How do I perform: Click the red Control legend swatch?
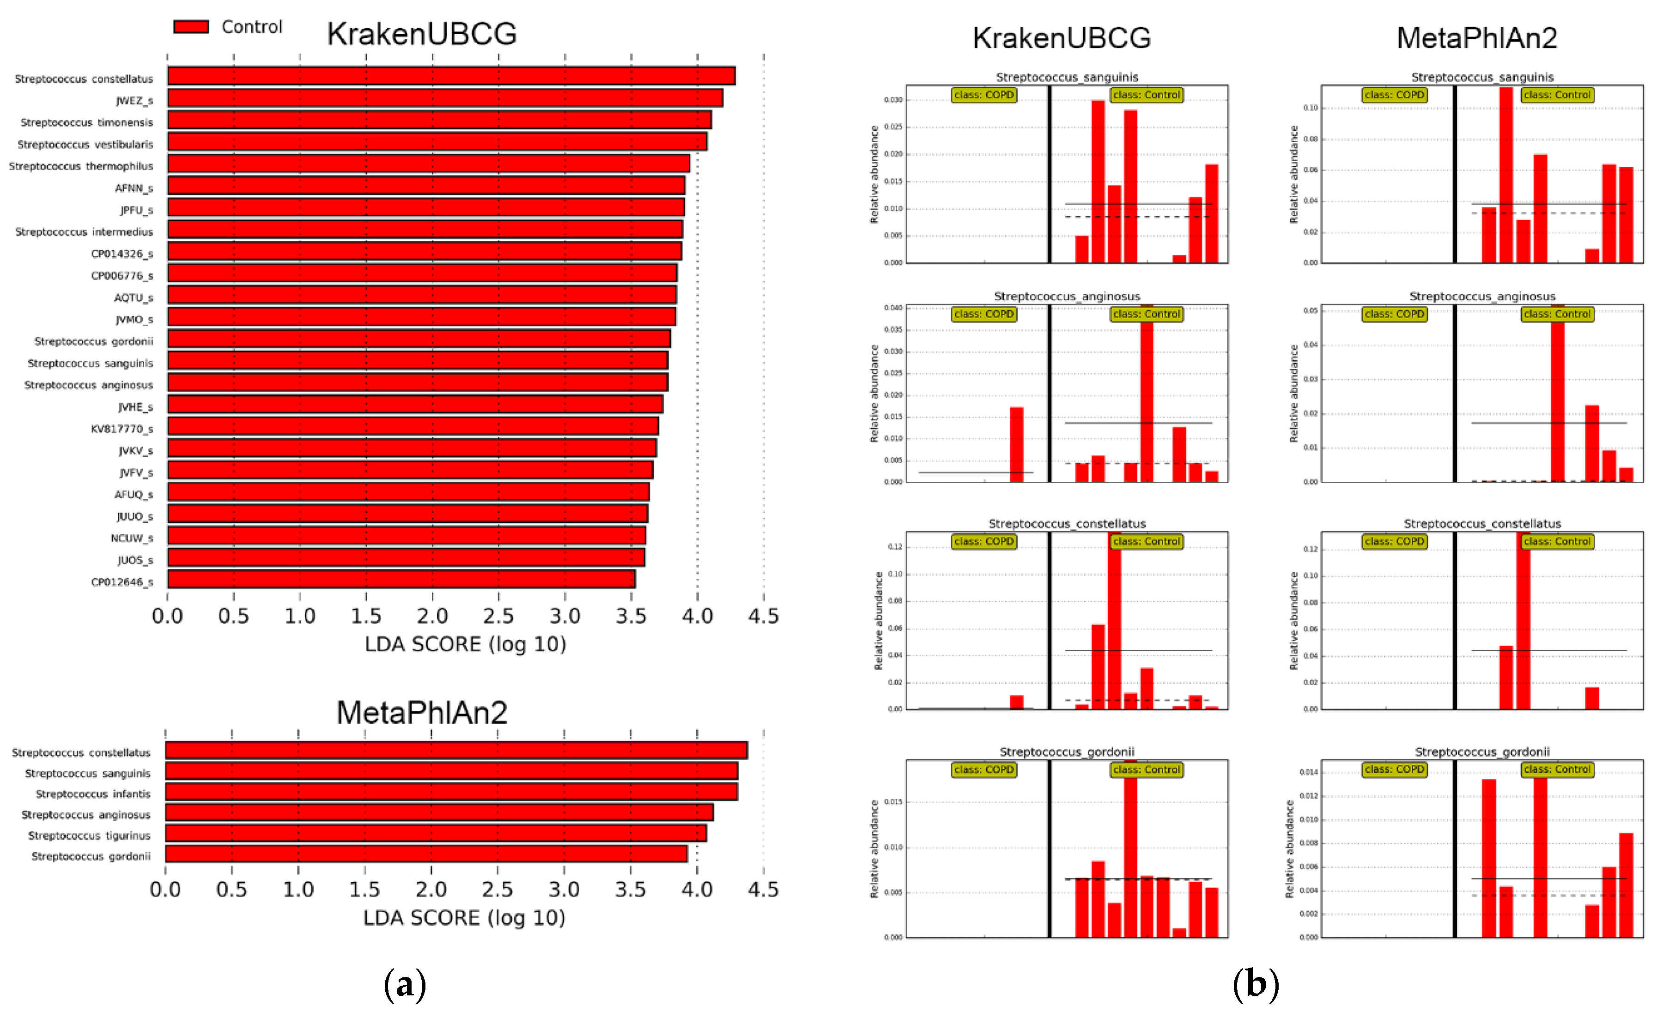pyautogui.click(x=191, y=27)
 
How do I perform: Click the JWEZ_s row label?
pyautogui.click(x=134, y=101)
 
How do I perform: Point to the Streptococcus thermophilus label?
pyautogui.click(x=81, y=166)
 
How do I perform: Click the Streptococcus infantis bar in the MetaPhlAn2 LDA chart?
pyautogui.click(x=450, y=791)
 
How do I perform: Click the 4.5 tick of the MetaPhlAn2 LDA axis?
pyautogui.click(x=763, y=890)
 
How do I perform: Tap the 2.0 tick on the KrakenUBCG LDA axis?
pyautogui.click(x=432, y=616)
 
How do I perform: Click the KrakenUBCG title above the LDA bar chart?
pyautogui.click(x=422, y=34)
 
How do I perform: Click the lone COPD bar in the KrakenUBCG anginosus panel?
pyautogui.click(x=1016, y=444)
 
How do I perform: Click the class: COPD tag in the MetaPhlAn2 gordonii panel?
pyautogui.click(x=1394, y=769)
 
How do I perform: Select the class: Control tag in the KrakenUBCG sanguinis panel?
pyautogui.click(x=1146, y=95)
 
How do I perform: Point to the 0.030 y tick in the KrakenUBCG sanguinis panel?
pyautogui.click(x=893, y=100)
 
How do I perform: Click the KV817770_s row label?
pyautogui.click(x=121, y=429)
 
